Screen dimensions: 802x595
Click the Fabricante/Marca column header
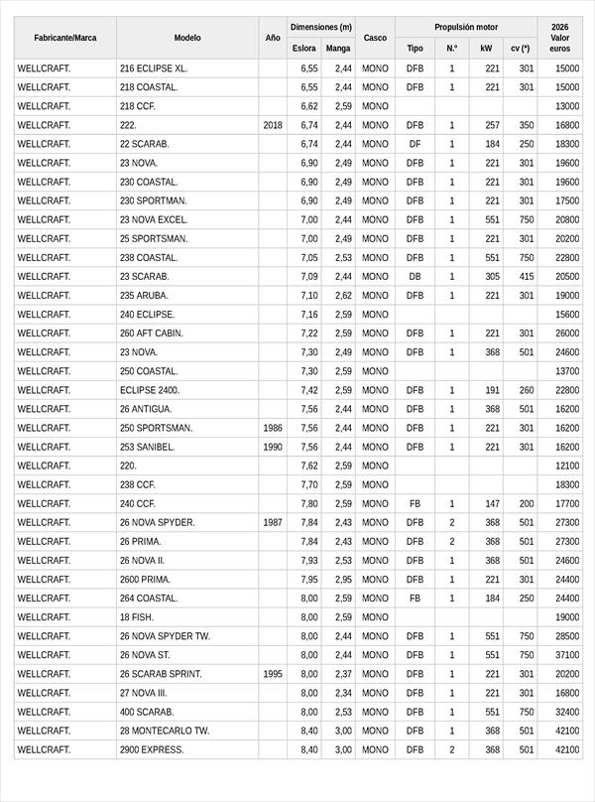click(65, 38)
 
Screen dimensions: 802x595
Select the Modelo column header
click(187, 38)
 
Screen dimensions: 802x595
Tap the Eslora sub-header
click(304, 48)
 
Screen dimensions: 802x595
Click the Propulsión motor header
click(466, 28)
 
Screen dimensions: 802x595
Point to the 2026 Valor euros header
click(559, 38)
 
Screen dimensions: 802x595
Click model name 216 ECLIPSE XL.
click(153, 68)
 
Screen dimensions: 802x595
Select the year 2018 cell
click(273, 125)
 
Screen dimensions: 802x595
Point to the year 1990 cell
click(273, 447)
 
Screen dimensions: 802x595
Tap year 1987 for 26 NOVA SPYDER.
click(273, 522)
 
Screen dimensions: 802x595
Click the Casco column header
click(375, 38)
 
